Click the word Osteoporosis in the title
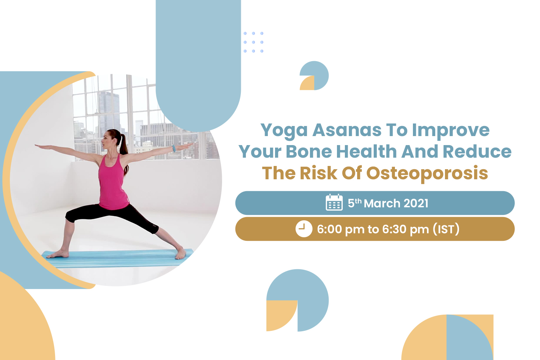tap(427, 174)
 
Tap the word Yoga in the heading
tap(284, 131)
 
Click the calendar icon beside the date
tap(334, 202)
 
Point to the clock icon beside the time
tap(304, 229)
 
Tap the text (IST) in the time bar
tap(446, 229)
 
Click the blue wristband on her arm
tap(174, 149)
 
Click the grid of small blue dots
tap(253, 42)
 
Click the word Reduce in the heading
tap(477, 152)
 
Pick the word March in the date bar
tap(382, 203)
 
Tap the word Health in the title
tap(366, 152)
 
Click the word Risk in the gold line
tap(319, 173)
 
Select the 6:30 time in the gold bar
tap(394, 229)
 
